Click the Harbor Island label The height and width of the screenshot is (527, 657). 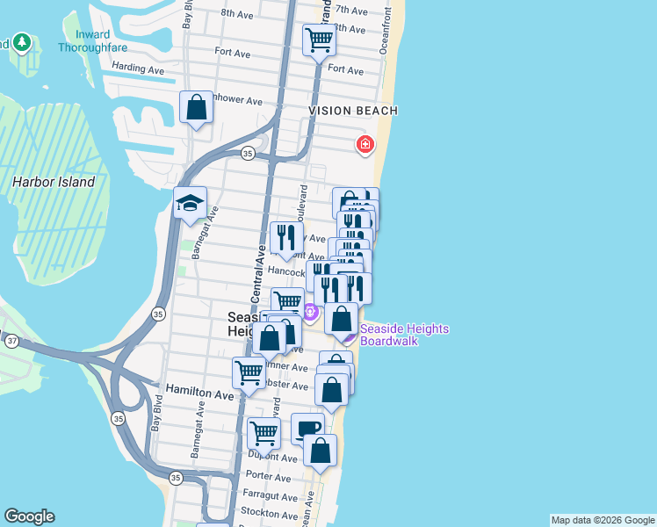pos(54,182)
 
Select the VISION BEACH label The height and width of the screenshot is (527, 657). pos(353,111)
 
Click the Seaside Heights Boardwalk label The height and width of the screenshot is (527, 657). pos(404,335)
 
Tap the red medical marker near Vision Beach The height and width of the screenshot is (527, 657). pos(365,145)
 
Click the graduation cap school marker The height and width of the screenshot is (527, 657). pos(191,204)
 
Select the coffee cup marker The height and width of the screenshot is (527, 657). pos(307,430)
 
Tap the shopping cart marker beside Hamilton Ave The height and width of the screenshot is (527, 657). pos(249,372)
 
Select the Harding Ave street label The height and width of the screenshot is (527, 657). pos(139,69)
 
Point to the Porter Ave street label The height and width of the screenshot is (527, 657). pos(268,477)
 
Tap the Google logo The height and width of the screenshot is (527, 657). pos(29,516)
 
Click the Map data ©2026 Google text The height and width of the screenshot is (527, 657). pos(602,520)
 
